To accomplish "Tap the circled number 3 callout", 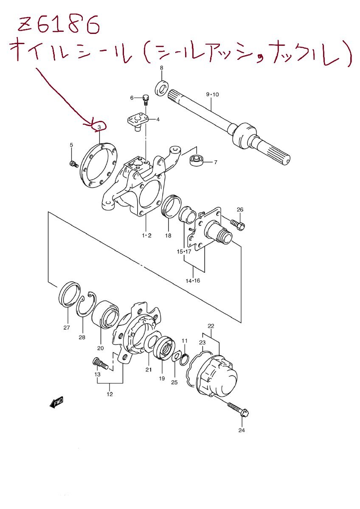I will click(99, 126).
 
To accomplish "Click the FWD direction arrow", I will click(56, 402).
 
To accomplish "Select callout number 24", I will click(242, 430).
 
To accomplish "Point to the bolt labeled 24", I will click(238, 409).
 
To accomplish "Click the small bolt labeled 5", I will click(73, 163).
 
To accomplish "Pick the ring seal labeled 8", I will click(161, 87).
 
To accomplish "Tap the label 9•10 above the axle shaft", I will click(212, 94).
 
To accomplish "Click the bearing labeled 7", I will click(197, 161).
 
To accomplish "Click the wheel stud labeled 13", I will click(100, 364).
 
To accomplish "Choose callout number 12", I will click(110, 394).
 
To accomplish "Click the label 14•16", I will click(192, 280).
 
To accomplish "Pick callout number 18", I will click(168, 236).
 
